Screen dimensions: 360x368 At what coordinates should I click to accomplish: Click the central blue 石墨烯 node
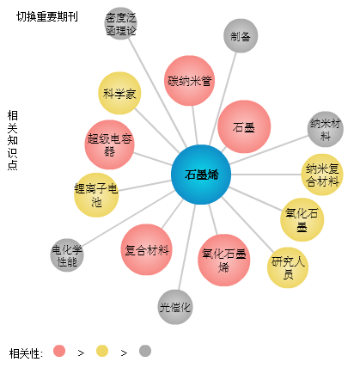click(201, 175)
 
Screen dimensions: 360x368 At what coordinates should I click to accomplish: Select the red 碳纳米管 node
click(189, 81)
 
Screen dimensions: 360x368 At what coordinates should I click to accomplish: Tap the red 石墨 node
click(244, 126)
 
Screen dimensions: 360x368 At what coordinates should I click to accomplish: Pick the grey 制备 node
click(241, 36)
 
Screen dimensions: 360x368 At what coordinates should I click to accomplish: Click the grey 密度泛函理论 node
click(120, 23)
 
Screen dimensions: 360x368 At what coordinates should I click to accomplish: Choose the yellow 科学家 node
click(119, 93)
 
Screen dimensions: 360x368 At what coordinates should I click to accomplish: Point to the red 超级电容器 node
click(109, 144)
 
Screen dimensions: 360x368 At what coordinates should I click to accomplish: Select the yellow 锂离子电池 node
click(96, 195)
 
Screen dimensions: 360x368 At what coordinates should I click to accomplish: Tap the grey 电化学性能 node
click(67, 255)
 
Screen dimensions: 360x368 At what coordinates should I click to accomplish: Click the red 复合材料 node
click(146, 249)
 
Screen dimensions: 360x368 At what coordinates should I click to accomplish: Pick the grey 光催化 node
click(175, 307)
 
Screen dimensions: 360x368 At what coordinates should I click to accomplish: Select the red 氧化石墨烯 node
click(223, 260)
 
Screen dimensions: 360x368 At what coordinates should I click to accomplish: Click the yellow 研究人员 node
click(288, 267)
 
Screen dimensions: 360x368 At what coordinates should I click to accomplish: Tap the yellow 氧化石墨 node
click(302, 219)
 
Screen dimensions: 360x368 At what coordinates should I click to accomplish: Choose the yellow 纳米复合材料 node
click(322, 175)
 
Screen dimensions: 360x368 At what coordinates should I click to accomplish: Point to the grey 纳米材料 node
click(326, 129)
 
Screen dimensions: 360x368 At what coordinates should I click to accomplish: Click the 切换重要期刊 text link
click(47, 16)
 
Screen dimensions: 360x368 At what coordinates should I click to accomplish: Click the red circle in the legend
click(59, 351)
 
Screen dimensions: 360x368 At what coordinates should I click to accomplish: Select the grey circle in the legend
click(145, 351)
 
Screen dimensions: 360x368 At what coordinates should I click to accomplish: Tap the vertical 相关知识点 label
click(13, 140)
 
